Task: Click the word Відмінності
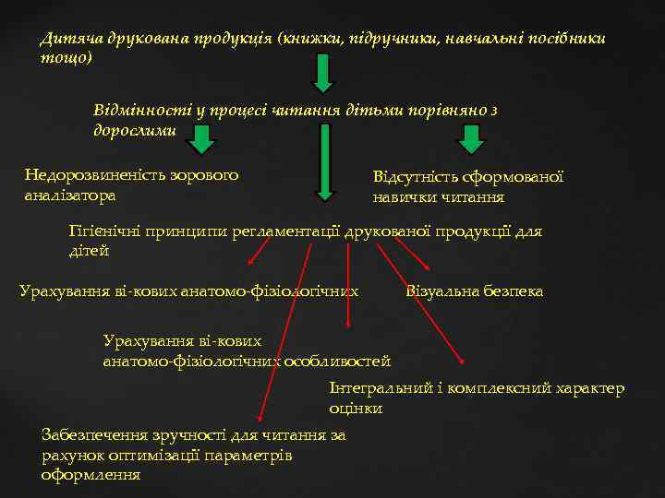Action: [x=139, y=110]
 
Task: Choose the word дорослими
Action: [x=134, y=130]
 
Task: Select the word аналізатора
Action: [x=70, y=195]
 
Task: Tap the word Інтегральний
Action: [x=380, y=388]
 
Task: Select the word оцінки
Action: [x=356, y=408]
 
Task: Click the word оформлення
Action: [x=91, y=475]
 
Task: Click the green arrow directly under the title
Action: [x=322, y=73]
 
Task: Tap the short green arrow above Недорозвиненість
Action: [x=202, y=140]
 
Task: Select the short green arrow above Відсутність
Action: [x=472, y=140]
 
